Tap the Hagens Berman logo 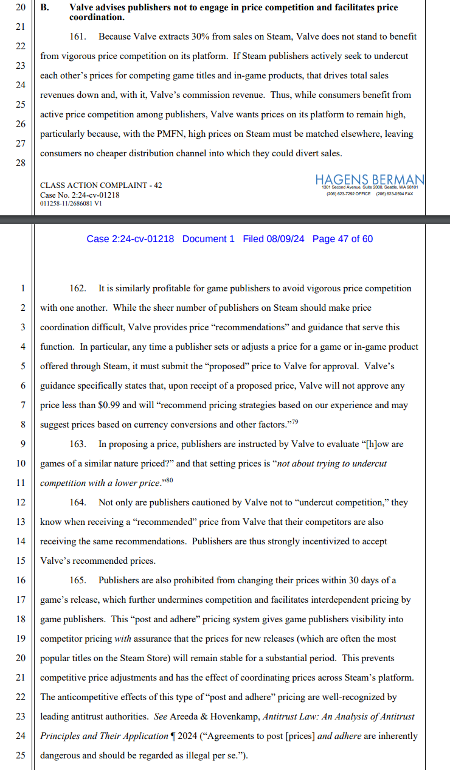coord(370,179)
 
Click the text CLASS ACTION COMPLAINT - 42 coord(101,185)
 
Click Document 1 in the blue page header coord(208,239)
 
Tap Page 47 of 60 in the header coord(342,239)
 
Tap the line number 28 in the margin coord(21,164)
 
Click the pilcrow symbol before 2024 coord(173,736)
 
